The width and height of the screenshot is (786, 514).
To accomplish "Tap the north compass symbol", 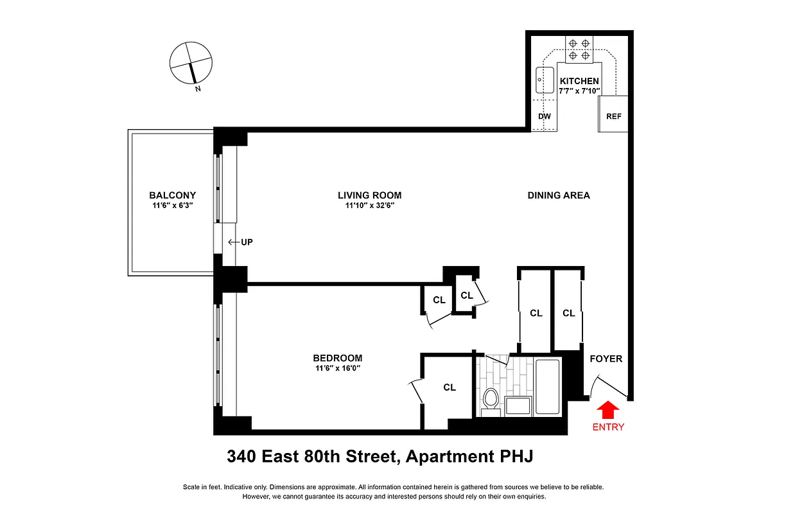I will tap(191, 64).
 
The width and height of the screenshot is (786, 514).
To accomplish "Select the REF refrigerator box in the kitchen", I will tap(613, 116).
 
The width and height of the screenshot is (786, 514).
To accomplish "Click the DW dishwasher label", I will tap(544, 116).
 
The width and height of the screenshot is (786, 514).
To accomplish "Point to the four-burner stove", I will tap(579, 49).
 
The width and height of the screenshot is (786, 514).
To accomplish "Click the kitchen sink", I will tap(545, 80).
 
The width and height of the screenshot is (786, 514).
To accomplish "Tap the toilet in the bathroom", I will tap(491, 399).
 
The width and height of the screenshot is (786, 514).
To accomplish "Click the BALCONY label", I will tap(172, 195).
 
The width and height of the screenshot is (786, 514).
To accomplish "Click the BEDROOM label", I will tap(337, 358).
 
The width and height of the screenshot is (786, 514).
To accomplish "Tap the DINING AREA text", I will tap(558, 195).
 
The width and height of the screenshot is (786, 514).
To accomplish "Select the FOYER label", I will tap(606, 359).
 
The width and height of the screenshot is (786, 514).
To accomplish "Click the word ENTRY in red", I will tap(607, 427).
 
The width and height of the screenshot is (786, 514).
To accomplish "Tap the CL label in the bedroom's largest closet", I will tap(450, 387).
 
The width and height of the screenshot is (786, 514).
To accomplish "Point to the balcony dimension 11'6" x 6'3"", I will tap(172, 206).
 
